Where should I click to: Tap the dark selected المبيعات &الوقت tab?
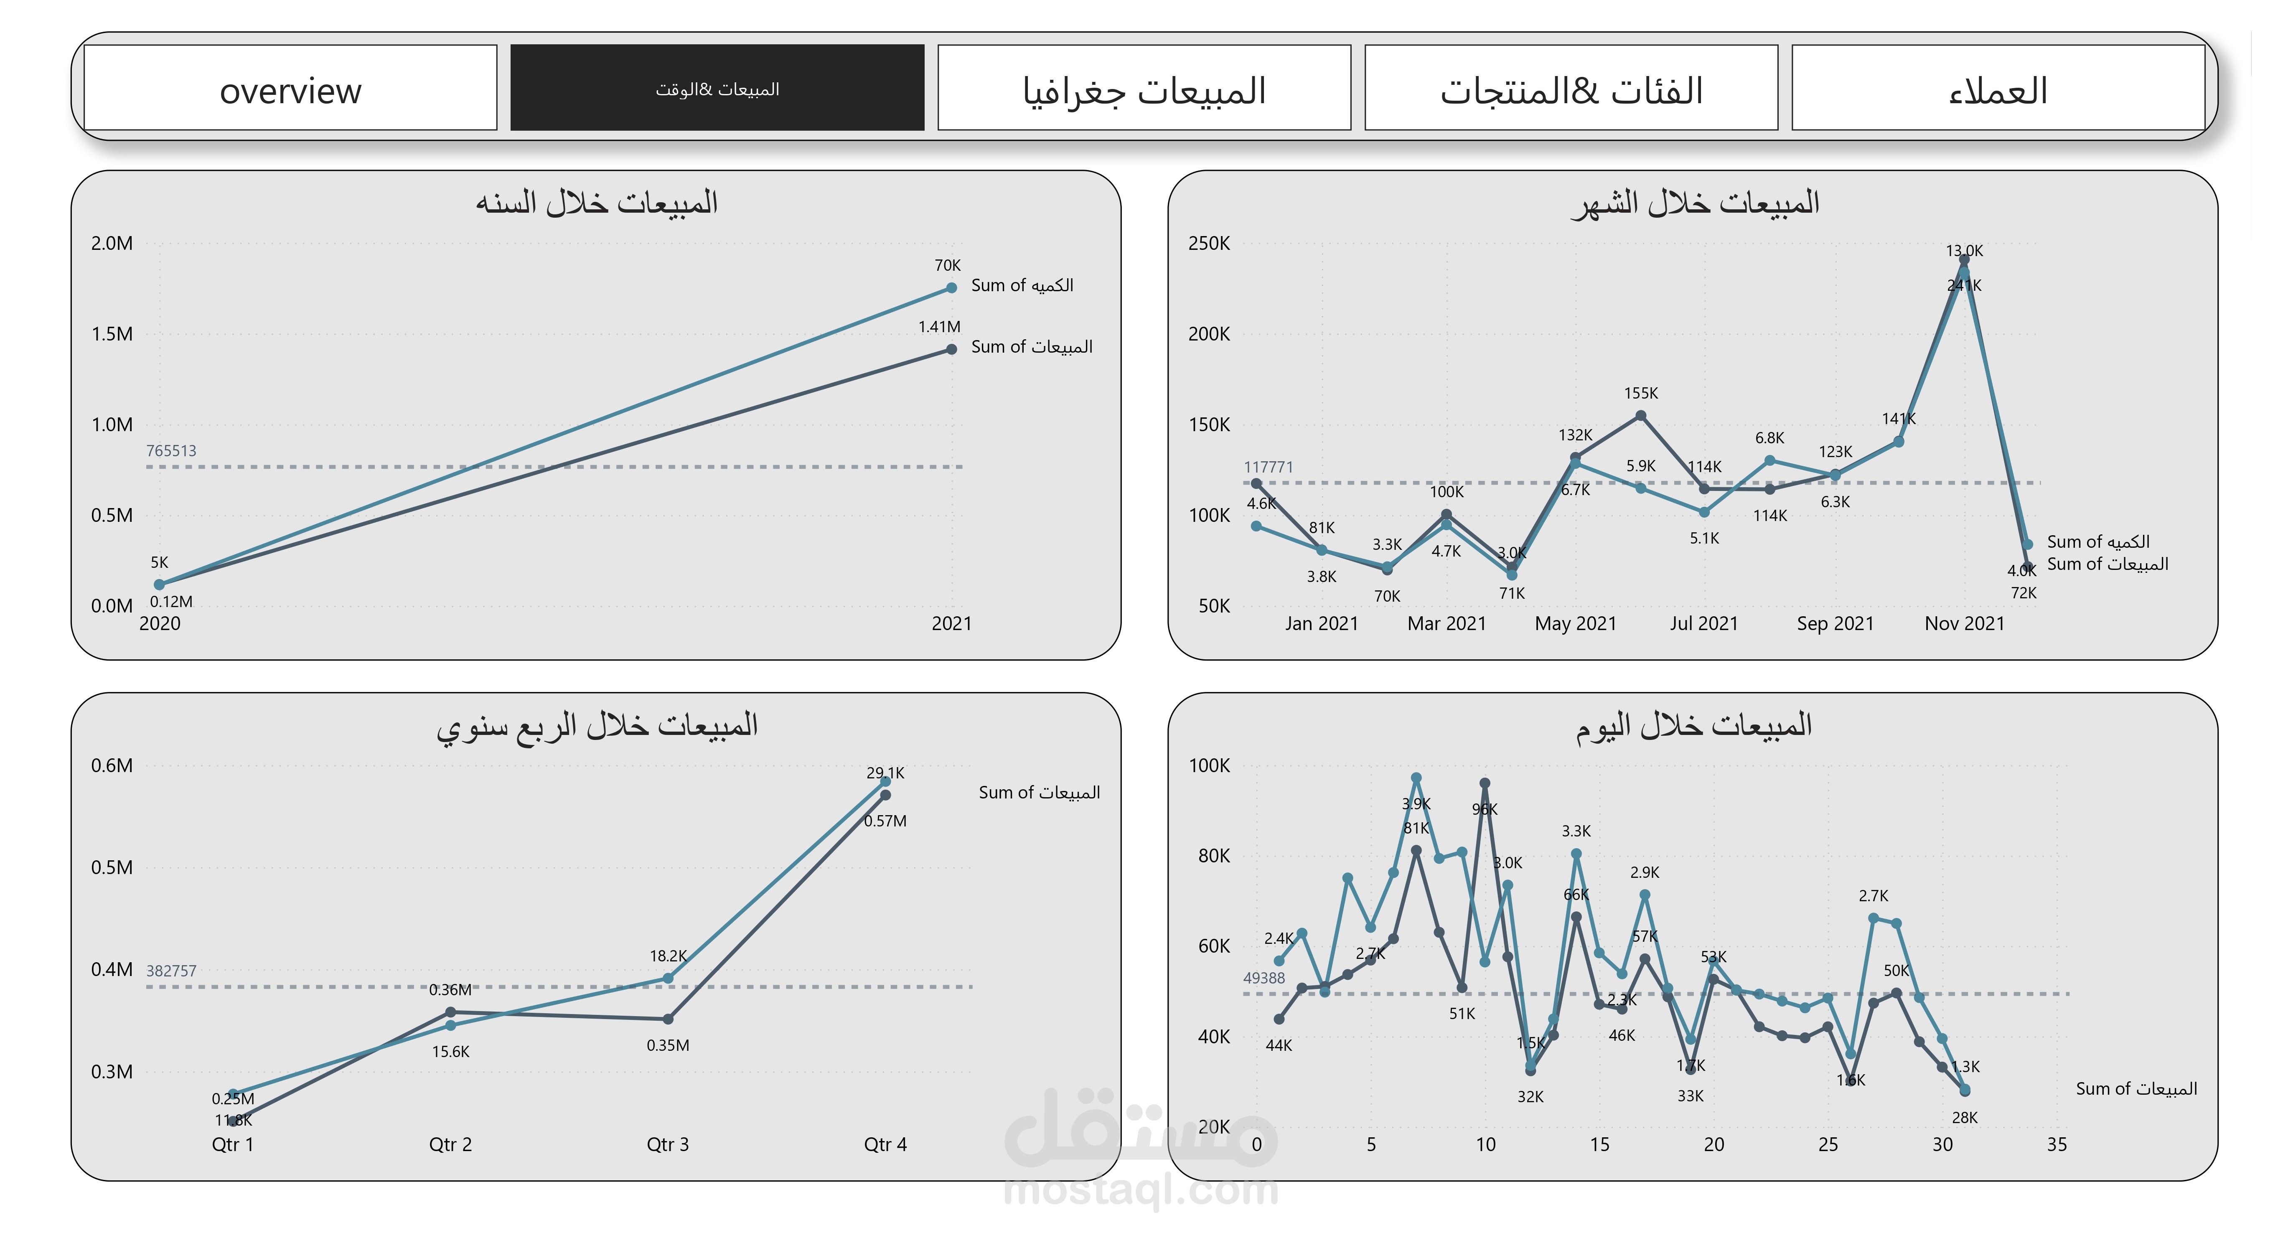717,89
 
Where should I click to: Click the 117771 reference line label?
1268,467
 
